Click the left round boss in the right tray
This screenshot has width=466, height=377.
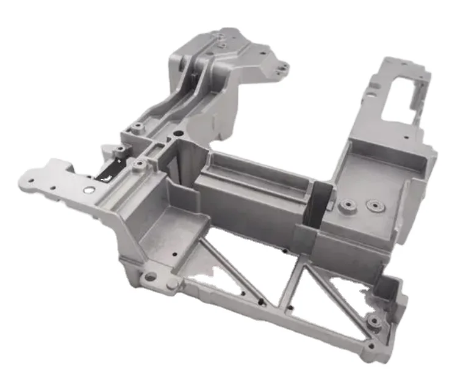pos(348,206)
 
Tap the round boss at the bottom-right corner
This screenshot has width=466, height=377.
pos(372,320)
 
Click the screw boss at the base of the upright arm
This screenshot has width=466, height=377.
pos(137,126)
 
